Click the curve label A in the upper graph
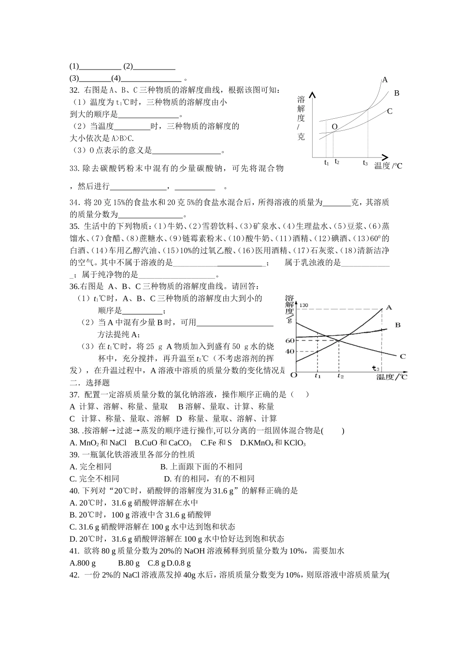click(385, 80)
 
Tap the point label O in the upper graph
click(334, 127)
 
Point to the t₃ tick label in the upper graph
click(366, 163)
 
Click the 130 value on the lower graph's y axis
click(304, 305)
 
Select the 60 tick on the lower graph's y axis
click(289, 340)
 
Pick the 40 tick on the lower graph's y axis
click(289, 351)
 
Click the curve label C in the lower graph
click(402, 356)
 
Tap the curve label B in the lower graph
click(398, 325)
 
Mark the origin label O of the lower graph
click(294, 375)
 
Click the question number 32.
click(74, 90)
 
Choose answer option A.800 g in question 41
click(83, 563)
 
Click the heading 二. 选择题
click(90, 382)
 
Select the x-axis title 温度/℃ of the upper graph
click(388, 166)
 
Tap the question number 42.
click(74, 575)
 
